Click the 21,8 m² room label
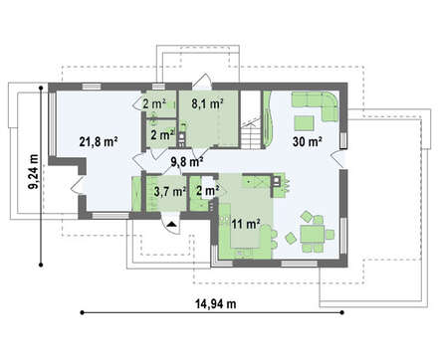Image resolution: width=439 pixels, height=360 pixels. (x=99, y=142)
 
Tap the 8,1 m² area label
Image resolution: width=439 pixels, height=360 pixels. (x=207, y=103)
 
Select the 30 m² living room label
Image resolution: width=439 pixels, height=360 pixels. (x=308, y=142)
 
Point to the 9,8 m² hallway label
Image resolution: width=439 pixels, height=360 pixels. (x=187, y=162)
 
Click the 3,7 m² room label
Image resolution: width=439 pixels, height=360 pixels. (x=170, y=192)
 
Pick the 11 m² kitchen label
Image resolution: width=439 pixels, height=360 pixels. (x=246, y=224)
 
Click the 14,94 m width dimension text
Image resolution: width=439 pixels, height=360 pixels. (x=216, y=303)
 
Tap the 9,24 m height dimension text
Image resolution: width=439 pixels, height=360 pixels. (x=33, y=172)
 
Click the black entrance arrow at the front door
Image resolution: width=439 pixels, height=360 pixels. (x=171, y=224)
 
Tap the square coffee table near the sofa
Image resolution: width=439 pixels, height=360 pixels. (x=304, y=123)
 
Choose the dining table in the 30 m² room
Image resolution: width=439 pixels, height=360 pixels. (x=313, y=234)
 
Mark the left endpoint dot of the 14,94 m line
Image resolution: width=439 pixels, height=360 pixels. (x=82, y=312)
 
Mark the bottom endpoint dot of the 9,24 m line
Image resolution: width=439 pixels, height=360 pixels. (x=41, y=265)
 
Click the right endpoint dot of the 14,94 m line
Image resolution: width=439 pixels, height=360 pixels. (x=342, y=312)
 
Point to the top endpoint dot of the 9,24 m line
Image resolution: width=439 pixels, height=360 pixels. (x=41, y=88)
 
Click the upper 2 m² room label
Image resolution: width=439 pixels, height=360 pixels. (x=154, y=104)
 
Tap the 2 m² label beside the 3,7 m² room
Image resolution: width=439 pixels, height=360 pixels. (x=208, y=191)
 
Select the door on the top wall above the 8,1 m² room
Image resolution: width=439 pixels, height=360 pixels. (x=202, y=82)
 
